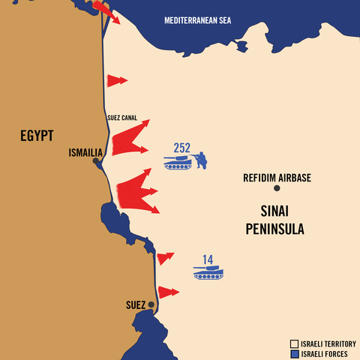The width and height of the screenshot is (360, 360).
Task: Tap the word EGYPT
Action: click(37, 136)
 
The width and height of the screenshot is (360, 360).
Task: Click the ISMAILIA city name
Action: click(85, 152)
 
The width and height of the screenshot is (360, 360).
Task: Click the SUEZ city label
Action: click(135, 305)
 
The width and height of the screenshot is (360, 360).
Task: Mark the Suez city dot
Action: click(151, 304)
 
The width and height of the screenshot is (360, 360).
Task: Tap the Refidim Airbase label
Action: click(277, 178)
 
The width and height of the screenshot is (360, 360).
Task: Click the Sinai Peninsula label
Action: click(275, 219)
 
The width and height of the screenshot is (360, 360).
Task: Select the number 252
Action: click(182, 147)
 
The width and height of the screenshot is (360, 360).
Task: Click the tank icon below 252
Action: click(178, 161)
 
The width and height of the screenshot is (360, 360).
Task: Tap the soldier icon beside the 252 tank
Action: click(201, 160)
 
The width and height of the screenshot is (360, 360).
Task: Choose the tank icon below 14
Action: click(208, 272)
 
